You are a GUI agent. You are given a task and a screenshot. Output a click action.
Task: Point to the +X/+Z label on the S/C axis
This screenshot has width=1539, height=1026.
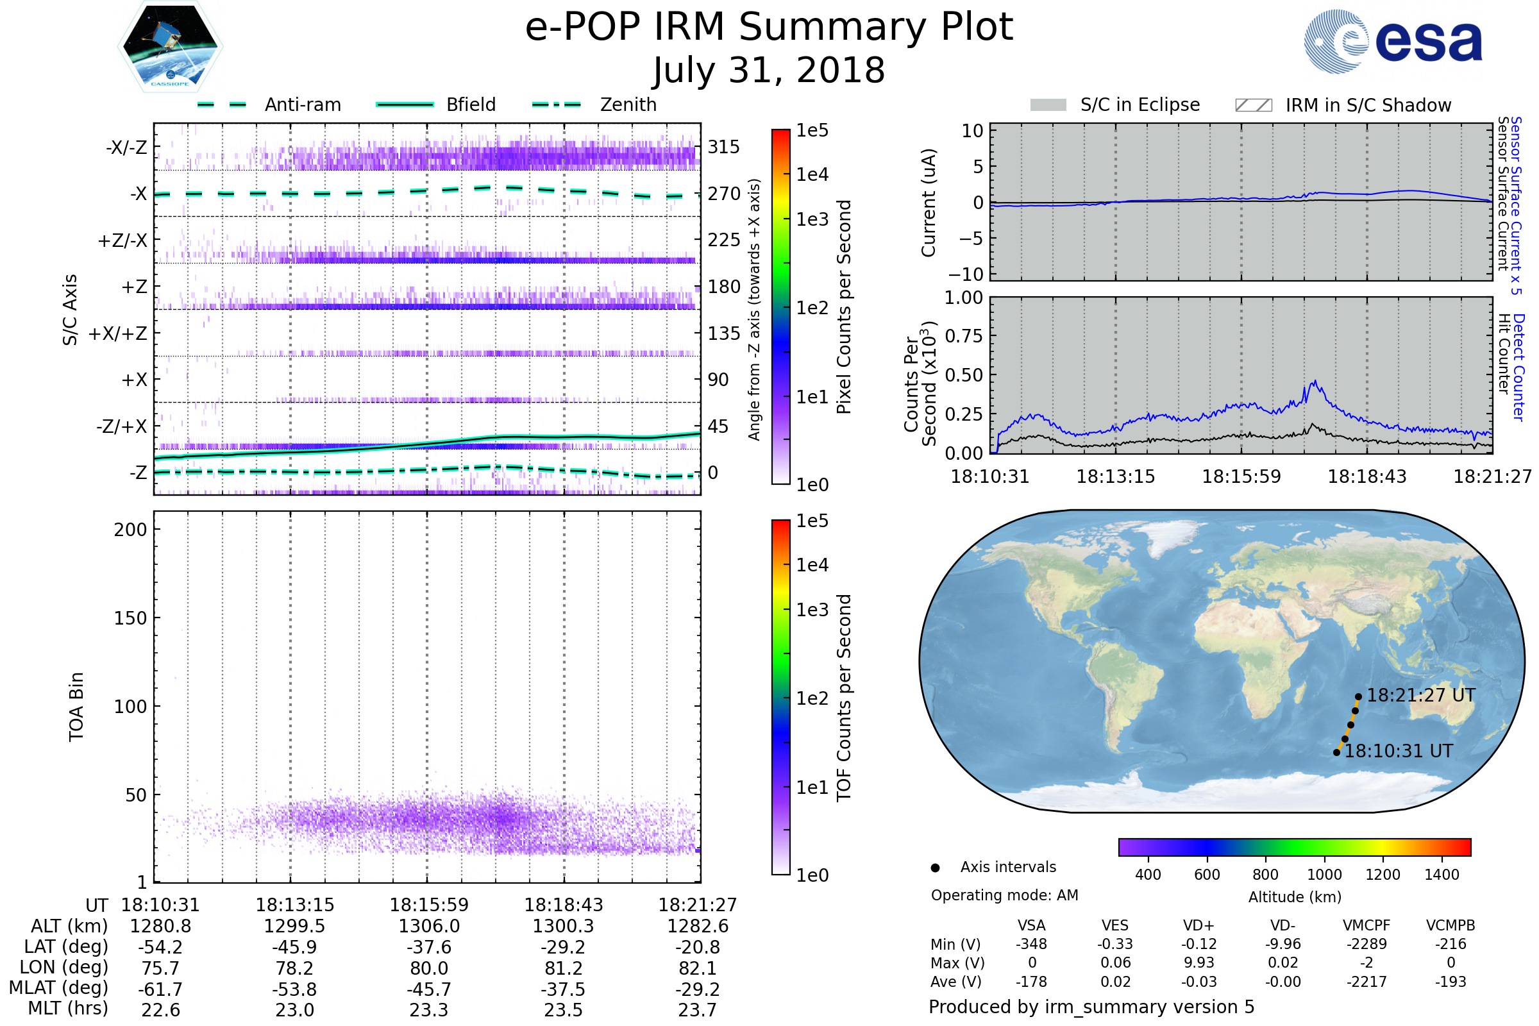pyautogui.click(x=118, y=333)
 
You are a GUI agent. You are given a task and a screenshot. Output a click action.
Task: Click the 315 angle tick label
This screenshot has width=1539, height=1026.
pyautogui.click(x=724, y=147)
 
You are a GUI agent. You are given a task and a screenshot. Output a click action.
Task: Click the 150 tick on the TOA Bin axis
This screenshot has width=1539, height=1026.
pyautogui.click(x=130, y=618)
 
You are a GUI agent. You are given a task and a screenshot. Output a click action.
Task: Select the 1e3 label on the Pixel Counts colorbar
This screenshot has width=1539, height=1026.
pyautogui.click(x=812, y=220)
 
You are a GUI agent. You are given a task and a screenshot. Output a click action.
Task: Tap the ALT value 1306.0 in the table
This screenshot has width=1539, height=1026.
pyautogui.click(x=429, y=927)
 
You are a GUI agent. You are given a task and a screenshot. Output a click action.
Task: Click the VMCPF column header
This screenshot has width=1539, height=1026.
pyautogui.click(x=1367, y=926)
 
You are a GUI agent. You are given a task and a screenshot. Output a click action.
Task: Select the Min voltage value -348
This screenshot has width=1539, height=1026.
pyautogui.click(x=1031, y=944)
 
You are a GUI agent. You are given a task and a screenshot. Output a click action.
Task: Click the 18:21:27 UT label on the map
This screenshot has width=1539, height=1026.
pyautogui.click(x=1420, y=696)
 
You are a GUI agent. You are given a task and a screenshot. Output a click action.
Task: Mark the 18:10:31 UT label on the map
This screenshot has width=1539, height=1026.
pyautogui.click(x=1399, y=751)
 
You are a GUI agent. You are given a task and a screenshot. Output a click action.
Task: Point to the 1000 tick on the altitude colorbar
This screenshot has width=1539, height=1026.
pyautogui.click(x=1324, y=875)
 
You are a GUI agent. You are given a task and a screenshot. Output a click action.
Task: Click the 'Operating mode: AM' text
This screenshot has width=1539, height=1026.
pyautogui.click(x=1004, y=895)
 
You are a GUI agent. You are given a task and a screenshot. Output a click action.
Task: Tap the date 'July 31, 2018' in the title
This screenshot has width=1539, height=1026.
pyautogui.click(x=769, y=70)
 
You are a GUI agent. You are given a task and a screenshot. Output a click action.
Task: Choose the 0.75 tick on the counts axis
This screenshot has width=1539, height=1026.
pyautogui.click(x=964, y=336)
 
